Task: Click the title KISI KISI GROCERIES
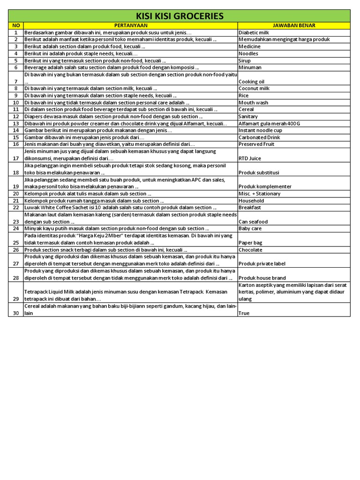[x=179, y=16]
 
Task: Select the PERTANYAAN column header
[x=131, y=25]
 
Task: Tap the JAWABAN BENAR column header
[x=293, y=25]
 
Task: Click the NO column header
[x=15, y=25]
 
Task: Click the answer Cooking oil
[x=251, y=82]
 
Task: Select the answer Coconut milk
[x=254, y=88]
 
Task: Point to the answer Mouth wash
[x=253, y=102]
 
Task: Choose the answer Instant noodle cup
[x=261, y=130]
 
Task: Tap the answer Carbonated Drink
[x=259, y=137]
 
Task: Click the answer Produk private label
[x=262, y=264]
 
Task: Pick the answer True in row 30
[x=244, y=313]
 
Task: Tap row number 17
[x=15, y=158]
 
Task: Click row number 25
[x=15, y=243]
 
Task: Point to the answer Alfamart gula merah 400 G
[x=269, y=123]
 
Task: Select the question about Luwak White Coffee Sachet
[x=120, y=207]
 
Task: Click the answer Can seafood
[x=253, y=222]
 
